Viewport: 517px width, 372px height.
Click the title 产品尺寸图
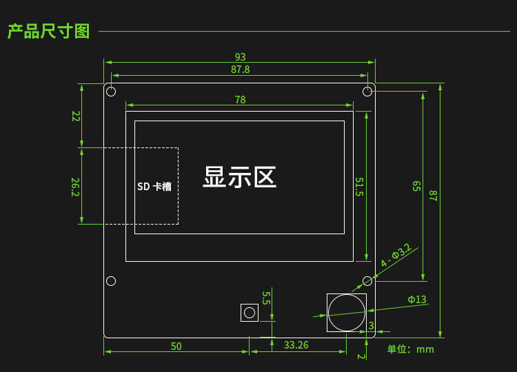pos(48,31)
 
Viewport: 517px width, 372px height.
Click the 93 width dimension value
pos(240,57)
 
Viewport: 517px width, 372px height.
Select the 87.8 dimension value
pos(240,70)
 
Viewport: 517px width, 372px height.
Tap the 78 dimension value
pos(240,100)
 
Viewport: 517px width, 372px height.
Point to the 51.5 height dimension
pos(359,187)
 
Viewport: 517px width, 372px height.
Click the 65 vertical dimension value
pos(416,186)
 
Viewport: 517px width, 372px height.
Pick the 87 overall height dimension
pos(434,195)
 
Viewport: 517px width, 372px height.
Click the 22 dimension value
pos(76,116)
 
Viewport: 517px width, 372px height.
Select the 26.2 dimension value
pos(75,187)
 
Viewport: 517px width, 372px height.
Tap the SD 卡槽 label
pos(154,187)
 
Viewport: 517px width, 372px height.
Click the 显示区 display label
pos(239,177)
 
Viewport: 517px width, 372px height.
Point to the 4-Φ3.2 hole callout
pos(396,255)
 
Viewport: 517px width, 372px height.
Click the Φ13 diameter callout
pos(416,300)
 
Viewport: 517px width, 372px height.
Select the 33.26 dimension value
pos(296,345)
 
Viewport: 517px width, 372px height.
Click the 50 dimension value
pos(176,347)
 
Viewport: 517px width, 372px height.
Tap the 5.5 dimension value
pos(266,298)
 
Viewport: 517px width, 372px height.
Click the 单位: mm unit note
pos(410,349)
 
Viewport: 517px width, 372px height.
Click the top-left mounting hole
pos(111,92)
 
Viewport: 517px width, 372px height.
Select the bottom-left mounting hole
pos(111,280)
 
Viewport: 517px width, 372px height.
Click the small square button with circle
pos(249,312)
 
